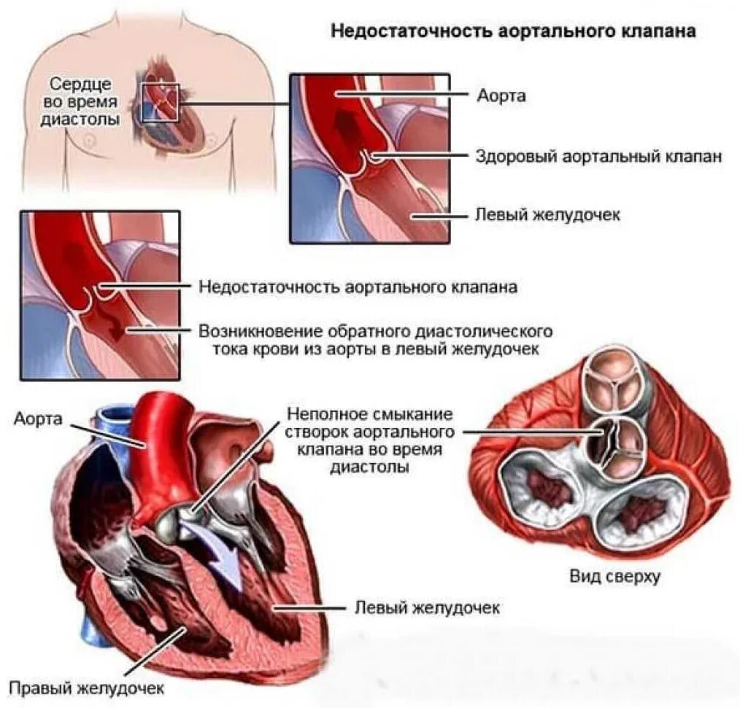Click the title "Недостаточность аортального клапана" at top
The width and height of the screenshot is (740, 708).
[513, 31]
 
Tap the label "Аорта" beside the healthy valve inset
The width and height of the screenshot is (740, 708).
[501, 96]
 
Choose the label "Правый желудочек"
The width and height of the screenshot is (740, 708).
[86, 687]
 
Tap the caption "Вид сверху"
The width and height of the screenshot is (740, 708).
[614, 577]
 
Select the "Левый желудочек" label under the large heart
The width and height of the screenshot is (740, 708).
[427, 607]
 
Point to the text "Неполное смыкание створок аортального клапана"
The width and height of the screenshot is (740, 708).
[370, 440]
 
